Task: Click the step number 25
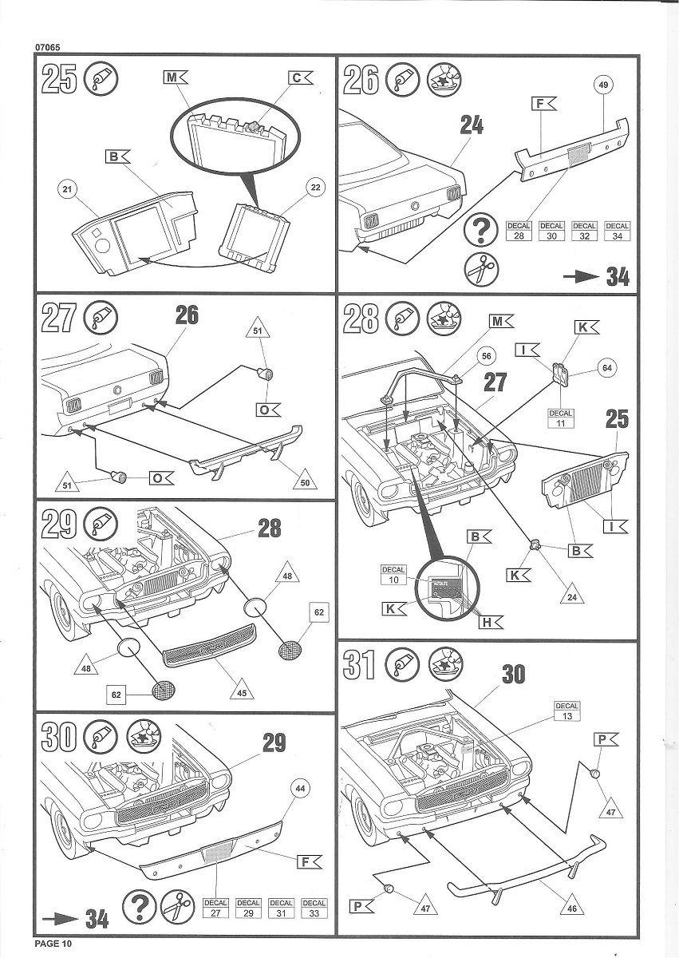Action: pos(60,81)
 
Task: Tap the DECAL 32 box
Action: pos(584,231)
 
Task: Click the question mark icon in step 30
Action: pos(140,906)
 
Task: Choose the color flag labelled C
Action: pos(300,77)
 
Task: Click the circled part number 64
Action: pos(608,368)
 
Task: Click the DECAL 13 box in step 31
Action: pos(566,711)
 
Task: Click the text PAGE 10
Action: pos(53,944)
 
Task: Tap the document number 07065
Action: pos(49,46)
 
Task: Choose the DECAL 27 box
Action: pos(216,907)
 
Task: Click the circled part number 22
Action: pos(315,187)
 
